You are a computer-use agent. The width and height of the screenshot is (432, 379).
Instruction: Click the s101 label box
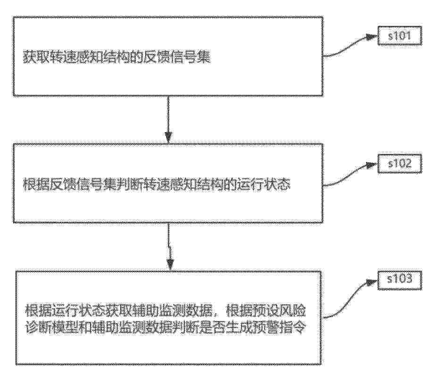tap(399, 35)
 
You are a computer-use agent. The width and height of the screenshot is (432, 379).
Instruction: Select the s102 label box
tap(399, 164)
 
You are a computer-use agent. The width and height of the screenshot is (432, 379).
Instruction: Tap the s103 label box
tap(399, 280)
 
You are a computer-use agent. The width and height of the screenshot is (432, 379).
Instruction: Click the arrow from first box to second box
tap(168, 119)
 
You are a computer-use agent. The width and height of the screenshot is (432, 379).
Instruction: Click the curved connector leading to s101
tap(350, 46)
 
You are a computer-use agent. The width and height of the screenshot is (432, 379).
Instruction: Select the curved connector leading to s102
tap(350, 175)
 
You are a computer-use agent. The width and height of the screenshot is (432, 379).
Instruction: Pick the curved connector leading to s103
tap(350, 299)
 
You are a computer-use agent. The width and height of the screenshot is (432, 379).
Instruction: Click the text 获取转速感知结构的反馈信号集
tap(116, 57)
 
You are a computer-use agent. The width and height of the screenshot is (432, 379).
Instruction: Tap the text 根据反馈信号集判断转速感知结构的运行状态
tap(157, 185)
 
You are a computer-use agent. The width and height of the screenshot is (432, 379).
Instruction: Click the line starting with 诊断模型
tap(166, 328)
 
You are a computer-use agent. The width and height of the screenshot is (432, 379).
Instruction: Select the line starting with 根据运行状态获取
tap(166, 312)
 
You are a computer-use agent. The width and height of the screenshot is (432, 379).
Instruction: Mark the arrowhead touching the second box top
tap(168, 137)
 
